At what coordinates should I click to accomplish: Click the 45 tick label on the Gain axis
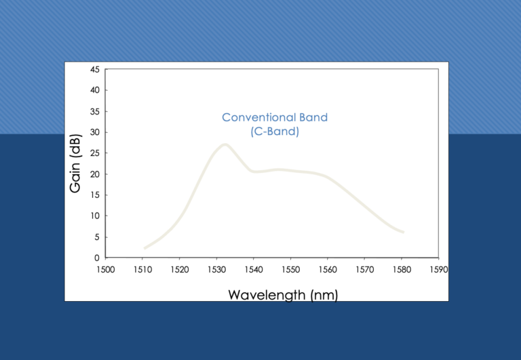pos(95,69)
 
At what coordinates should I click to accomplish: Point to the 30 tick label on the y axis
pos(95,132)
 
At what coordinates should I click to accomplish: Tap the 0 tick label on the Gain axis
pos(97,258)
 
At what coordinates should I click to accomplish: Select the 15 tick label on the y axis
pos(95,195)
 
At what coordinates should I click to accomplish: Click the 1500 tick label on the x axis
pos(106,269)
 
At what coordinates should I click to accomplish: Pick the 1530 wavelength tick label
pos(216,269)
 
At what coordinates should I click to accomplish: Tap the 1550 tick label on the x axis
pos(291,269)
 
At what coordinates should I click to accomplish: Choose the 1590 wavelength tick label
pos(439,269)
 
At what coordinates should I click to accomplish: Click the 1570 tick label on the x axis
pos(365,269)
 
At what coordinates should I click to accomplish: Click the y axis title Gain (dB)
pos(75,163)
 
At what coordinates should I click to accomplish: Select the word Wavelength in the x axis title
pos(267,295)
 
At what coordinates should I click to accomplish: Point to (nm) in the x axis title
pos(324,295)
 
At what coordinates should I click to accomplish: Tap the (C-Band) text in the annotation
pos(275,132)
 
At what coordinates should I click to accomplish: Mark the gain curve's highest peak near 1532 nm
pos(225,144)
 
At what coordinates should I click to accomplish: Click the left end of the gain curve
pos(144,248)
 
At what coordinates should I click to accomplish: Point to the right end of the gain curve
pos(403,232)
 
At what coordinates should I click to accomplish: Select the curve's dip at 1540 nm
pos(254,172)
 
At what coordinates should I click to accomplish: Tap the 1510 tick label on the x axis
pos(143,269)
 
